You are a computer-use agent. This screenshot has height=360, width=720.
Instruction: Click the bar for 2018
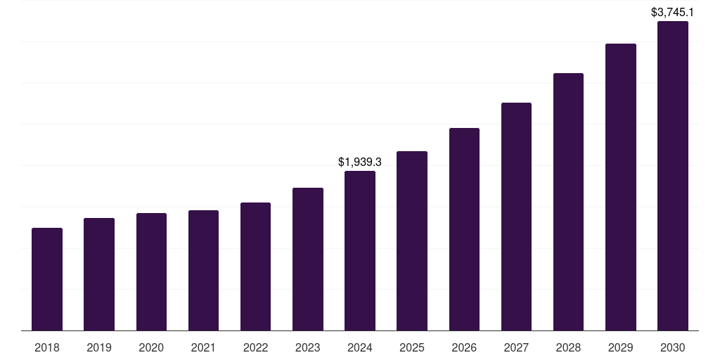(x=47, y=279)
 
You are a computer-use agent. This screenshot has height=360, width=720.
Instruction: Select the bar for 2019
(x=99, y=274)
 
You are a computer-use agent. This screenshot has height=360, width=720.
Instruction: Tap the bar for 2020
(x=151, y=271)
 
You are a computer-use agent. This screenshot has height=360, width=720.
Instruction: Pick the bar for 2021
(x=203, y=270)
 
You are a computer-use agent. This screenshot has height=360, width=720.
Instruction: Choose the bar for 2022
(x=255, y=266)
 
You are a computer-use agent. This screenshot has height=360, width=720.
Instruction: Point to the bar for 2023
(x=308, y=259)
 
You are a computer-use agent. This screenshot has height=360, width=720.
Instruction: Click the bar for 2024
(x=360, y=250)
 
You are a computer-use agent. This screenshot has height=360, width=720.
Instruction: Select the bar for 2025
(x=412, y=240)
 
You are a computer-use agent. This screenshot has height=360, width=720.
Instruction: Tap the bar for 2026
(x=464, y=229)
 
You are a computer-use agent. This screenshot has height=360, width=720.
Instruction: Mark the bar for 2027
(x=516, y=217)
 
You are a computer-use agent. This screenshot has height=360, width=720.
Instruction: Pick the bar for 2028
(x=568, y=202)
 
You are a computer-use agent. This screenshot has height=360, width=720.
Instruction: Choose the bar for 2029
(x=621, y=187)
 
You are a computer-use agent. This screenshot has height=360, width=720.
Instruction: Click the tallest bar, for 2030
(x=673, y=176)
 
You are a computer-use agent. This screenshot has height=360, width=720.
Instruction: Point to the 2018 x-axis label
(x=47, y=347)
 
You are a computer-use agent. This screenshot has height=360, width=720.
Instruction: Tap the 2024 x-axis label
(x=360, y=347)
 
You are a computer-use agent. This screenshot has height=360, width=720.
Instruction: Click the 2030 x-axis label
(x=673, y=347)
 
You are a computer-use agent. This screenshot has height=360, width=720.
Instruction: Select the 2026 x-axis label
(x=464, y=347)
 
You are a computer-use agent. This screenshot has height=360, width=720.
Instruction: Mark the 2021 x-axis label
(x=203, y=347)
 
